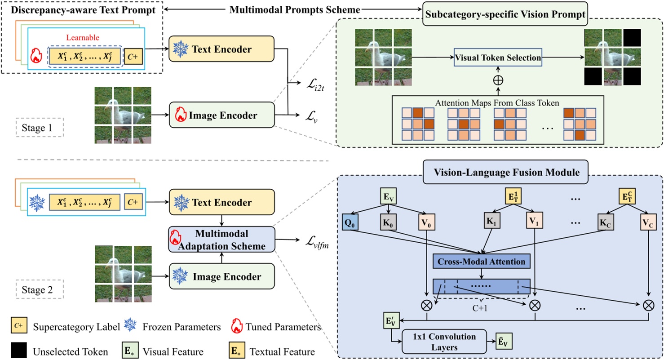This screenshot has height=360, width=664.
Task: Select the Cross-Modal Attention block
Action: pos(481,261)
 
